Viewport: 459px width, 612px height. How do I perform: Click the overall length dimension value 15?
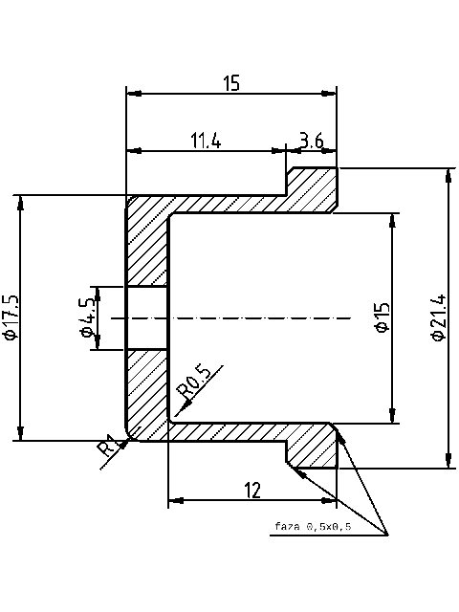pyautogui.click(x=231, y=83)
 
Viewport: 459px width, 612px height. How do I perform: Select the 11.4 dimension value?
pyautogui.click(x=206, y=141)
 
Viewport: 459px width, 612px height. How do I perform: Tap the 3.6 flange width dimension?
pyautogui.click(x=312, y=141)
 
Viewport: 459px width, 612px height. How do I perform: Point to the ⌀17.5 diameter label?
pyautogui.click(x=11, y=317)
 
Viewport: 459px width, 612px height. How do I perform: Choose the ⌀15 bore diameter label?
pyautogui.click(x=382, y=317)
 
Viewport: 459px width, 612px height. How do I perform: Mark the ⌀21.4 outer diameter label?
pyautogui.click(x=438, y=317)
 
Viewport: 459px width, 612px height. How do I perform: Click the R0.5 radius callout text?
pyautogui.click(x=195, y=381)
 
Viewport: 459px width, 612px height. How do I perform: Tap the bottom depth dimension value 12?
pyautogui.click(x=252, y=491)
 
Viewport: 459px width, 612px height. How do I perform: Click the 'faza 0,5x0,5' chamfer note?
pyautogui.click(x=312, y=527)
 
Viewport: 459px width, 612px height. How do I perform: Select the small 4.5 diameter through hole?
pyautogui.click(x=147, y=317)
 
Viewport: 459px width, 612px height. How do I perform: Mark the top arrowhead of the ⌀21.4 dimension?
pyautogui.click(x=448, y=170)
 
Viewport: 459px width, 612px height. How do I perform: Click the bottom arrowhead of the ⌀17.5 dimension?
pyautogui.click(x=19, y=439)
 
